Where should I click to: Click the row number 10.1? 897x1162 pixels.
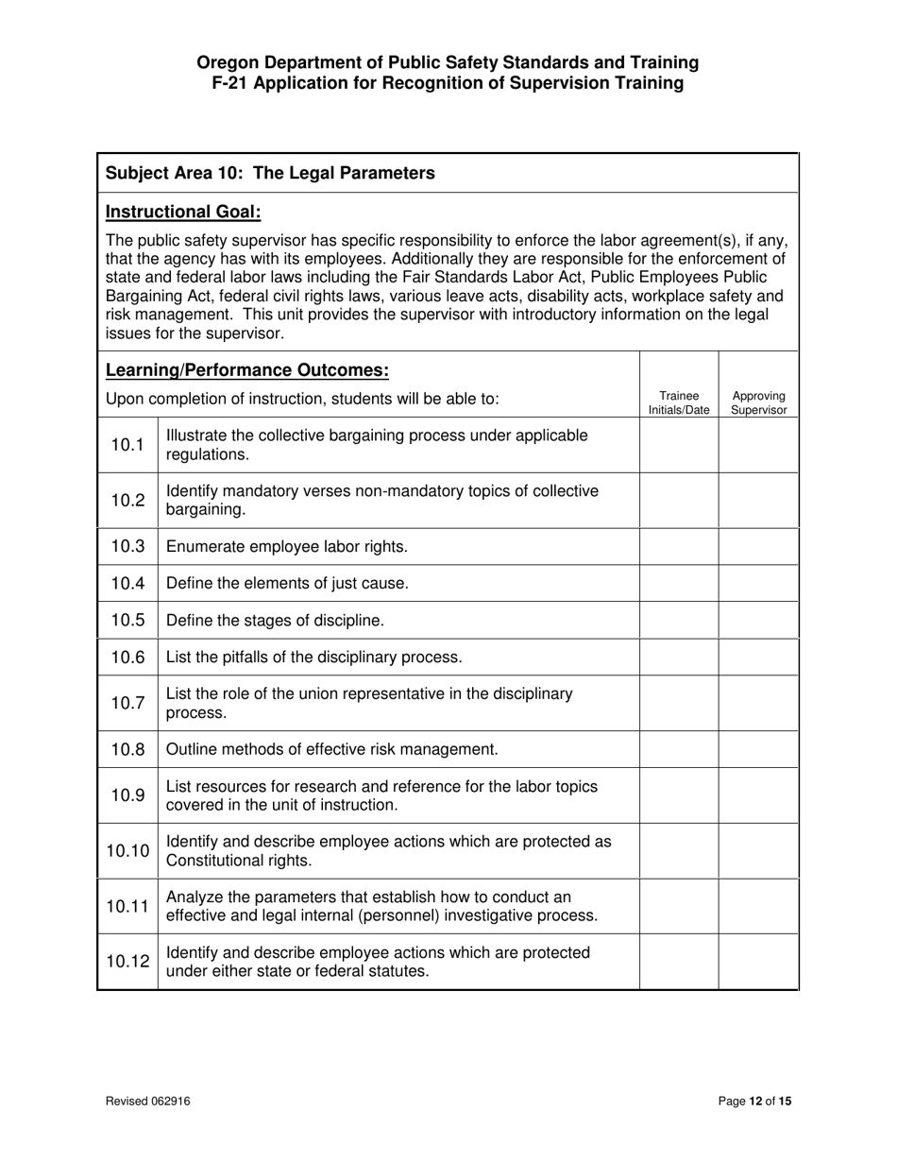pos(127,445)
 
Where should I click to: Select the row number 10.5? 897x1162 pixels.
pos(127,621)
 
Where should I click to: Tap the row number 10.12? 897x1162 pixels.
pos(127,962)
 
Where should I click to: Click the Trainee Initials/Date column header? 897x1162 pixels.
pos(679,403)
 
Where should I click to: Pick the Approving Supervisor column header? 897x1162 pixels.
pos(758,403)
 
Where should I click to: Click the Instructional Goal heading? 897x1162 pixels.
pos(183,212)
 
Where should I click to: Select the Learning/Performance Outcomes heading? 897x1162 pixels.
pos(246,369)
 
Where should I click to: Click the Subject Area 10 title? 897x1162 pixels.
pos(270,173)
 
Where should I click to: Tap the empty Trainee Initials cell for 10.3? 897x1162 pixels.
pos(679,547)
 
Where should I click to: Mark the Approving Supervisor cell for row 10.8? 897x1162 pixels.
pos(758,749)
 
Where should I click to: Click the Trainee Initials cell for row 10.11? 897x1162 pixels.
pos(679,906)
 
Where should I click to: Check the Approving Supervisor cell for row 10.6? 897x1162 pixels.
pos(758,658)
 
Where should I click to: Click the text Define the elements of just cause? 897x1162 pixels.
pos(287,584)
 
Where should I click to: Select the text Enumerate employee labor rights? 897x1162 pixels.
pos(287,547)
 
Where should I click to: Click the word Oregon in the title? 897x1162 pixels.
pos(227,62)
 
